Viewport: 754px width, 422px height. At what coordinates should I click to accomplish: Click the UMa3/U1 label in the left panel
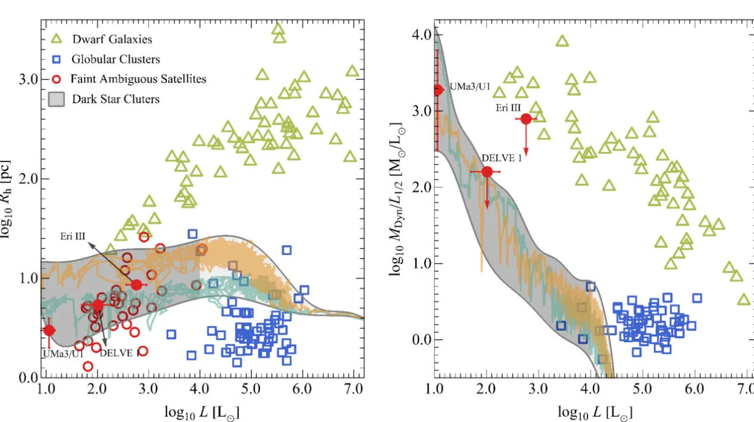pyautogui.click(x=62, y=353)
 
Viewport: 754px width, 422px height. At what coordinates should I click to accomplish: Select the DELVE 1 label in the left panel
pyautogui.click(x=119, y=353)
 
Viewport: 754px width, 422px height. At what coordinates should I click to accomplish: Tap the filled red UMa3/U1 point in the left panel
pyautogui.click(x=49, y=330)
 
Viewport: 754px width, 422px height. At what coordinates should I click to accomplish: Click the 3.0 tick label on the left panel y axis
pyautogui.click(x=29, y=80)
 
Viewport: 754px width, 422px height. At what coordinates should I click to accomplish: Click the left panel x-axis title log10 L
pyautogui.click(x=204, y=411)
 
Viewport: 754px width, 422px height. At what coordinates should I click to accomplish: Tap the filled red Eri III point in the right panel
pyautogui.click(x=526, y=119)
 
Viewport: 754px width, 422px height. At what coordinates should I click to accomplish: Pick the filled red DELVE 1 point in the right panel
pyautogui.click(x=487, y=172)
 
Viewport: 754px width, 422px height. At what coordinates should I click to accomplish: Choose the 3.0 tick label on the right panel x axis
pyautogui.click(x=538, y=389)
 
